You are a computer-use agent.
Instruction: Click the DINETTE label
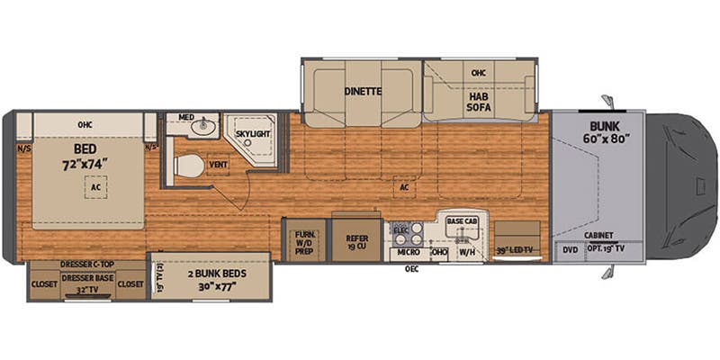tap(363, 90)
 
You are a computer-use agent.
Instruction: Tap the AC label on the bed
tap(94, 188)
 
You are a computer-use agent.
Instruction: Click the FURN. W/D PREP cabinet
tap(304, 241)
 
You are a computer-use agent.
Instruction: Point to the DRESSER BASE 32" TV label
tap(86, 284)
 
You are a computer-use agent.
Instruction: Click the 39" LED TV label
tap(516, 249)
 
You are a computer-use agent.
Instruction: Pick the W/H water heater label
tap(467, 253)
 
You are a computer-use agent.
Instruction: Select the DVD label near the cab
tap(569, 249)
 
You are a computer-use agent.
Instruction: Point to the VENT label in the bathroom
tap(218, 165)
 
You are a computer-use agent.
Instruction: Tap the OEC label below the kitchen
tap(413, 267)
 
